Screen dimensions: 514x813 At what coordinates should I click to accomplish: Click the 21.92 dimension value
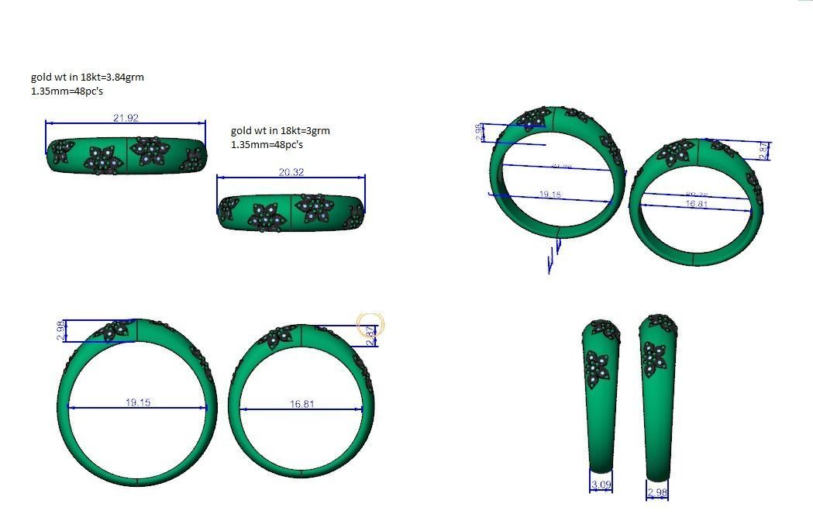126,118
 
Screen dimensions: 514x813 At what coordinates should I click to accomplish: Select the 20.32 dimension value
291,172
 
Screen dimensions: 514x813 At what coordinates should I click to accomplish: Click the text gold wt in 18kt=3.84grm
87,77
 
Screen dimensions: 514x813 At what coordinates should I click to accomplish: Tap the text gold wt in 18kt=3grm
280,130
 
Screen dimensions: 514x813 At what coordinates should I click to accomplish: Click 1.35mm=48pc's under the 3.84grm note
67,91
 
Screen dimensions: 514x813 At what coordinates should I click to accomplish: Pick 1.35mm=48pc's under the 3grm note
267,144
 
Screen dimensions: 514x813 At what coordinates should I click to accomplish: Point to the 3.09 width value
601,485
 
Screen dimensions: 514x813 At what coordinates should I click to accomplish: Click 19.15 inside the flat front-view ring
138,402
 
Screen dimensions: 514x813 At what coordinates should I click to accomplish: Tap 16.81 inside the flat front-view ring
301,404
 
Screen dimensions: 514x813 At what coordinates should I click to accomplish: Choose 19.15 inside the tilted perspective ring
549,195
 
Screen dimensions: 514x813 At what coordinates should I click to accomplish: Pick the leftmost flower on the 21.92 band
62,150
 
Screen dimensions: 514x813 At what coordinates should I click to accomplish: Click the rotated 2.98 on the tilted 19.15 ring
479,132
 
